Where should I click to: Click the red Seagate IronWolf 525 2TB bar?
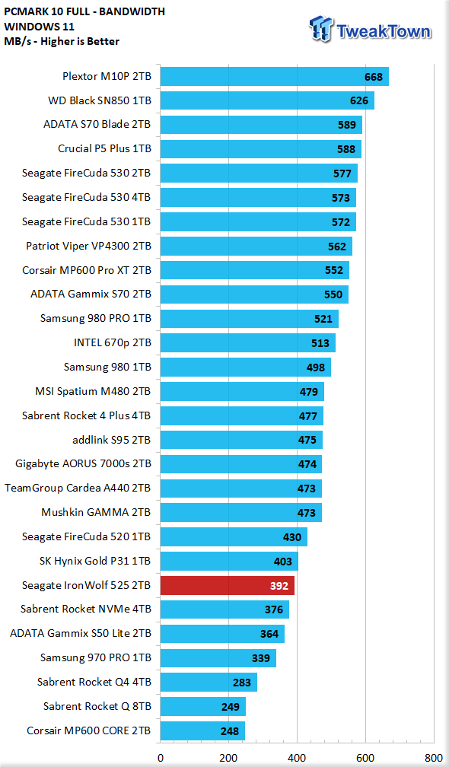(228, 586)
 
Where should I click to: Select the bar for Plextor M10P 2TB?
(275, 77)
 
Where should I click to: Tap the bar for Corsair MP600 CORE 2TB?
(202, 730)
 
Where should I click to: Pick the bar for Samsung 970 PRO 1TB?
(218, 658)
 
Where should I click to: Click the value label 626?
(359, 101)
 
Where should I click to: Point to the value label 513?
(320, 343)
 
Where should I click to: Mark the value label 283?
(242, 683)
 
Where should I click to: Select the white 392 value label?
(279, 586)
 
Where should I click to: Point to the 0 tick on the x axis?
(161, 757)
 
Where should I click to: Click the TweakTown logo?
(371, 30)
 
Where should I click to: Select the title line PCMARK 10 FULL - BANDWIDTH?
(84, 11)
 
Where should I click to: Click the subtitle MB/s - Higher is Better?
(62, 41)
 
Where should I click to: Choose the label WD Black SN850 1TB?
(99, 100)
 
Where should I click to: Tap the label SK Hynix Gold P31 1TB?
(95, 561)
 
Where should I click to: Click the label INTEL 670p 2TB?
(112, 343)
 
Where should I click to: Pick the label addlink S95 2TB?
(112, 440)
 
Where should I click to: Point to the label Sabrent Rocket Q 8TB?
(97, 706)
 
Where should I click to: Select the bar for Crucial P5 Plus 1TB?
(261, 149)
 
